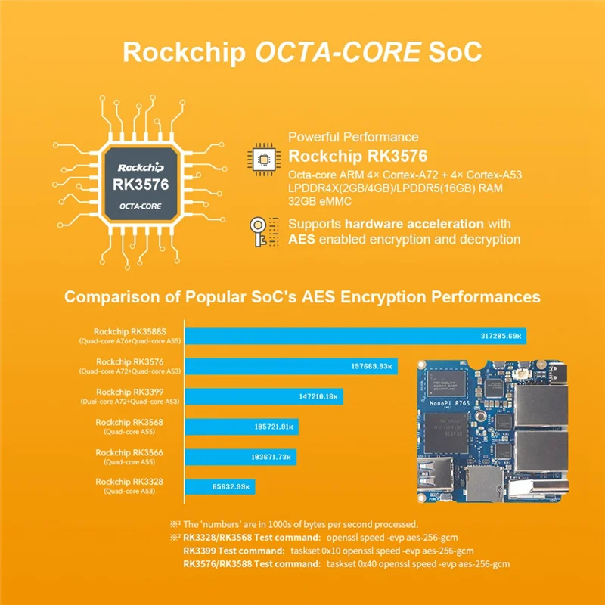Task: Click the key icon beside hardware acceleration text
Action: pyautogui.click(x=261, y=231)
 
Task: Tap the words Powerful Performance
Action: pyautogui.click(x=353, y=137)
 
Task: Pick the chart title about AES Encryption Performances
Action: pyautogui.click(x=302, y=296)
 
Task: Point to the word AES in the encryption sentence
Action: pyautogui.click(x=302, y=239)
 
